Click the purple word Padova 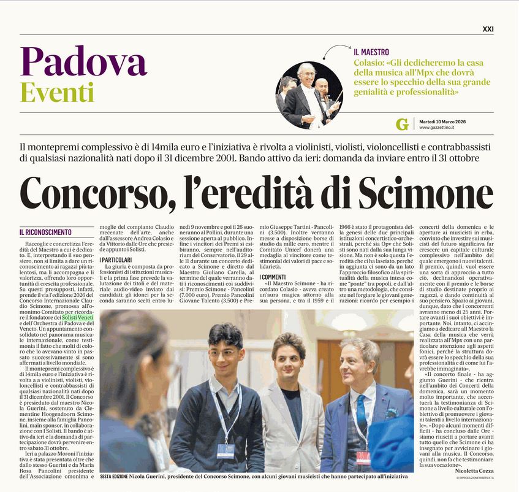click(x=83, y=63)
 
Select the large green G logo click(x=402, y=125)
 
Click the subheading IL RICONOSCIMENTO click(x=45, y=233)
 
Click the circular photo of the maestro click(x=309, y=94)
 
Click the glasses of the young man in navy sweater click(x=224, y=354)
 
